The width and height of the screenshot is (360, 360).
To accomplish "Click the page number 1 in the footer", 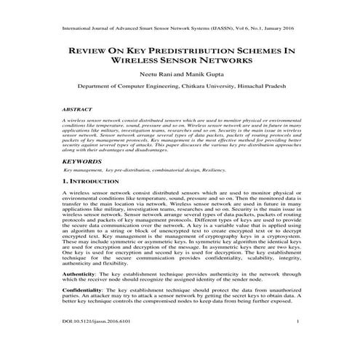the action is pyautogui.click(x=298, y=339).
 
